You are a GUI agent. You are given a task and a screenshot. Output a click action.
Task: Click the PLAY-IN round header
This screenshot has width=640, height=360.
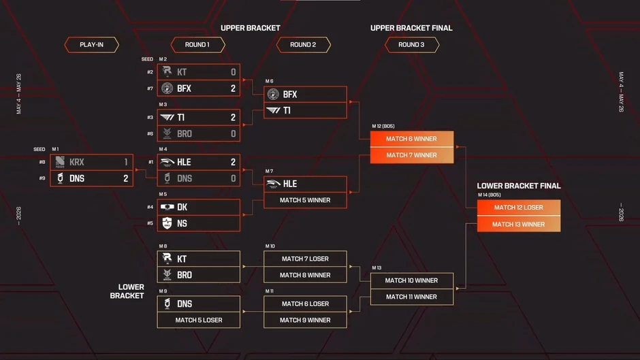[x=91, y=45]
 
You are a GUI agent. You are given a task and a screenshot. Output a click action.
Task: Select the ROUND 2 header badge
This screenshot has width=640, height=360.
[x=303, y=45]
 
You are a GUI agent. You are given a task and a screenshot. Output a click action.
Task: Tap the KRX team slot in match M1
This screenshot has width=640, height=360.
[x=91, y=162]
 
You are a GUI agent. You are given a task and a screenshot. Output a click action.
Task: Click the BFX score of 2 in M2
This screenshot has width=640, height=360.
[x=233, y=88]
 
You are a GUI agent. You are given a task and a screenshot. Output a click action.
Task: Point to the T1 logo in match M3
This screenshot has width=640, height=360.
[x=167, y=118]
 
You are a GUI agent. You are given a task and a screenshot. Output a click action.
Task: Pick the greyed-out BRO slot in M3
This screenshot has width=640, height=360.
[x=198, y=133]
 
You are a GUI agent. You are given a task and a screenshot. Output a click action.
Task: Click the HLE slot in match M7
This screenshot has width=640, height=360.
[x=305, y=184]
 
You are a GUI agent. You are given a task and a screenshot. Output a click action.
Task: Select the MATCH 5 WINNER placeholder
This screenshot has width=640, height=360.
[x=305, y=200]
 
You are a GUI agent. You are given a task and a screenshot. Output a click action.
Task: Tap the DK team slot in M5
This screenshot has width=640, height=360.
[x=198, y=208]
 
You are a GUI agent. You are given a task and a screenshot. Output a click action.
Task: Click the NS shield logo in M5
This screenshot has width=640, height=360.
[x=167, y=223]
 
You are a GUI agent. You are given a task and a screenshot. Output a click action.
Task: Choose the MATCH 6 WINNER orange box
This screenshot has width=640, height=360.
[x=412, y=140]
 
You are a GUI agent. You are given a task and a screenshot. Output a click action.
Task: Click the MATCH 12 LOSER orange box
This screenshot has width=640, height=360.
[x=519, y=208]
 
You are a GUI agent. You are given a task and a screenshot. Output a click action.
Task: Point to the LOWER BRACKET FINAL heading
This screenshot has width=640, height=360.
[x=519, y=186]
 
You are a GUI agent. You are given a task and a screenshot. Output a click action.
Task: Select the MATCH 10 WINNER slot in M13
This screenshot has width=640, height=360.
[x=412, y=281]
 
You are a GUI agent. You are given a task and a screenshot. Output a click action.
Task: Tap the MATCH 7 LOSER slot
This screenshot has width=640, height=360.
[x=305, y=259]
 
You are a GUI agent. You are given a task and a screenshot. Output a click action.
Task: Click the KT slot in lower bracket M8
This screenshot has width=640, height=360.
[x=198, y=259]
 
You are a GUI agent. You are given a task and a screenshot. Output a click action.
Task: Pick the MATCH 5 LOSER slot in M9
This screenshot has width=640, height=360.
[x=198, y=320]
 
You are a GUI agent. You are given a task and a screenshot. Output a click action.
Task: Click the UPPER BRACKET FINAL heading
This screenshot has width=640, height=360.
[x=411, y=28]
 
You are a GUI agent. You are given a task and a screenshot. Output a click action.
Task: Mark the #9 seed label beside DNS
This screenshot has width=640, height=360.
[x=42, y=178]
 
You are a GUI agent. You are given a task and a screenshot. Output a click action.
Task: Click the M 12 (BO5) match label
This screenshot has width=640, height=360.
[x=383, y=126]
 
